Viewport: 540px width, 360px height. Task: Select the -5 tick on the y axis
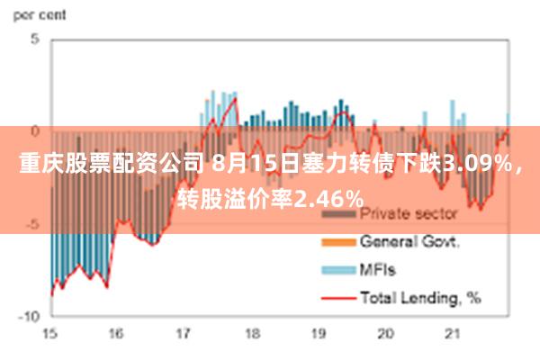32,224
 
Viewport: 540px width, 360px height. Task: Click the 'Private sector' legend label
409,215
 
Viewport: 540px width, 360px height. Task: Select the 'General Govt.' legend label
410,241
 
